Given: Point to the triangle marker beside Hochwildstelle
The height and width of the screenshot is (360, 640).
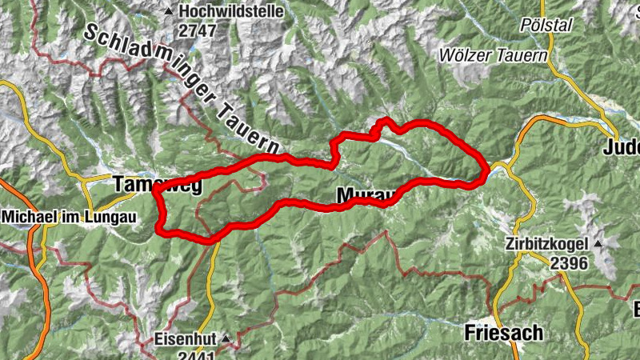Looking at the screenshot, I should click(x=169, y=12).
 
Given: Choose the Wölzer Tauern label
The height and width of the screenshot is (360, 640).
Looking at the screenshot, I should click(x=493, y=55).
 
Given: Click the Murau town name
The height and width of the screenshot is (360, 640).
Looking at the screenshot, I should click(x=363, y=196).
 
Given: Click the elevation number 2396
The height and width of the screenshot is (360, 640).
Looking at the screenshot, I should click(x=569, y=263).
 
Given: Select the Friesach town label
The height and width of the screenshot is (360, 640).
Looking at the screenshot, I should click(x=503, y=332).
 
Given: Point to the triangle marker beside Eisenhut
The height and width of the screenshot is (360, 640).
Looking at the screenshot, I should click(x=226, y=339).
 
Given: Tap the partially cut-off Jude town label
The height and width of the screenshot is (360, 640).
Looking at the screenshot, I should click(x=621, y=147).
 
